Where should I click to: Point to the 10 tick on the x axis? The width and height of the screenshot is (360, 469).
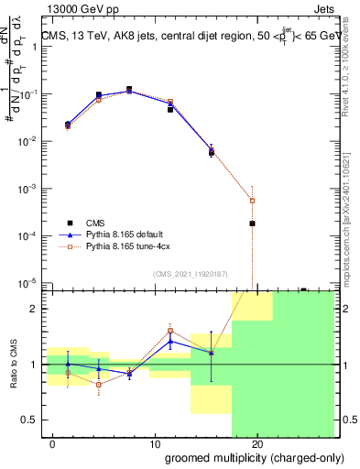(x=155, y=443)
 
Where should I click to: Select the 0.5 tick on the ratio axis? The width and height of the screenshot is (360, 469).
(x=31, y=420)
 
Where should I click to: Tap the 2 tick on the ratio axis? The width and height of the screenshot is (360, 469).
(x=35, y=309)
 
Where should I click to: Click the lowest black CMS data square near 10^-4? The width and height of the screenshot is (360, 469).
(x=252, y=224)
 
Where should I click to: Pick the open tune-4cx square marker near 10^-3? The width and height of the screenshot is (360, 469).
(x=252, y=200)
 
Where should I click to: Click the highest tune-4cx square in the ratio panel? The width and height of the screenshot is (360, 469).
(x=170, y=331)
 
